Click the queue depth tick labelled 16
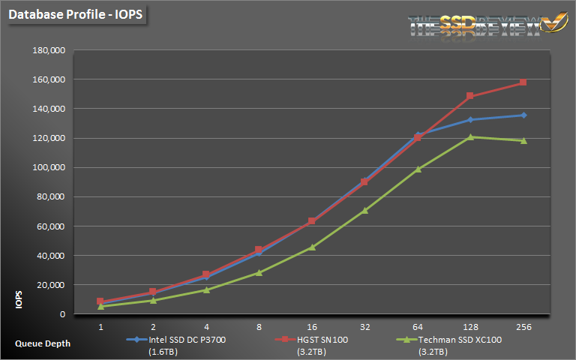312,327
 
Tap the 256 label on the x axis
523,327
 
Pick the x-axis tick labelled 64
418,327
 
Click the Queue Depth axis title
43,343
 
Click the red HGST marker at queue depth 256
523,82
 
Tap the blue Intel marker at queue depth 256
523,115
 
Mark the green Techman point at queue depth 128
470,136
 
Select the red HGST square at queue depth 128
470,96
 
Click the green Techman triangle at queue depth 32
364,210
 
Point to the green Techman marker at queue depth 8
259,272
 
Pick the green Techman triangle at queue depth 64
418,169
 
